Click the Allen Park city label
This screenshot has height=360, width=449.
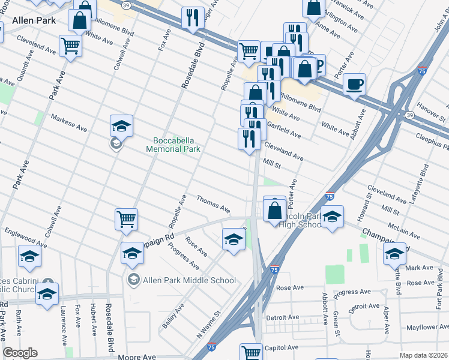(34, 20)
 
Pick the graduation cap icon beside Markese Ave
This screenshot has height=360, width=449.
(121, 127)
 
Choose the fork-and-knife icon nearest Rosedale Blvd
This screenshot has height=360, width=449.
(193, 18)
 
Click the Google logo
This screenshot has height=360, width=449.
(20, 353)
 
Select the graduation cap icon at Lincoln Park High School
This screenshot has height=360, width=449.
(331, 217)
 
